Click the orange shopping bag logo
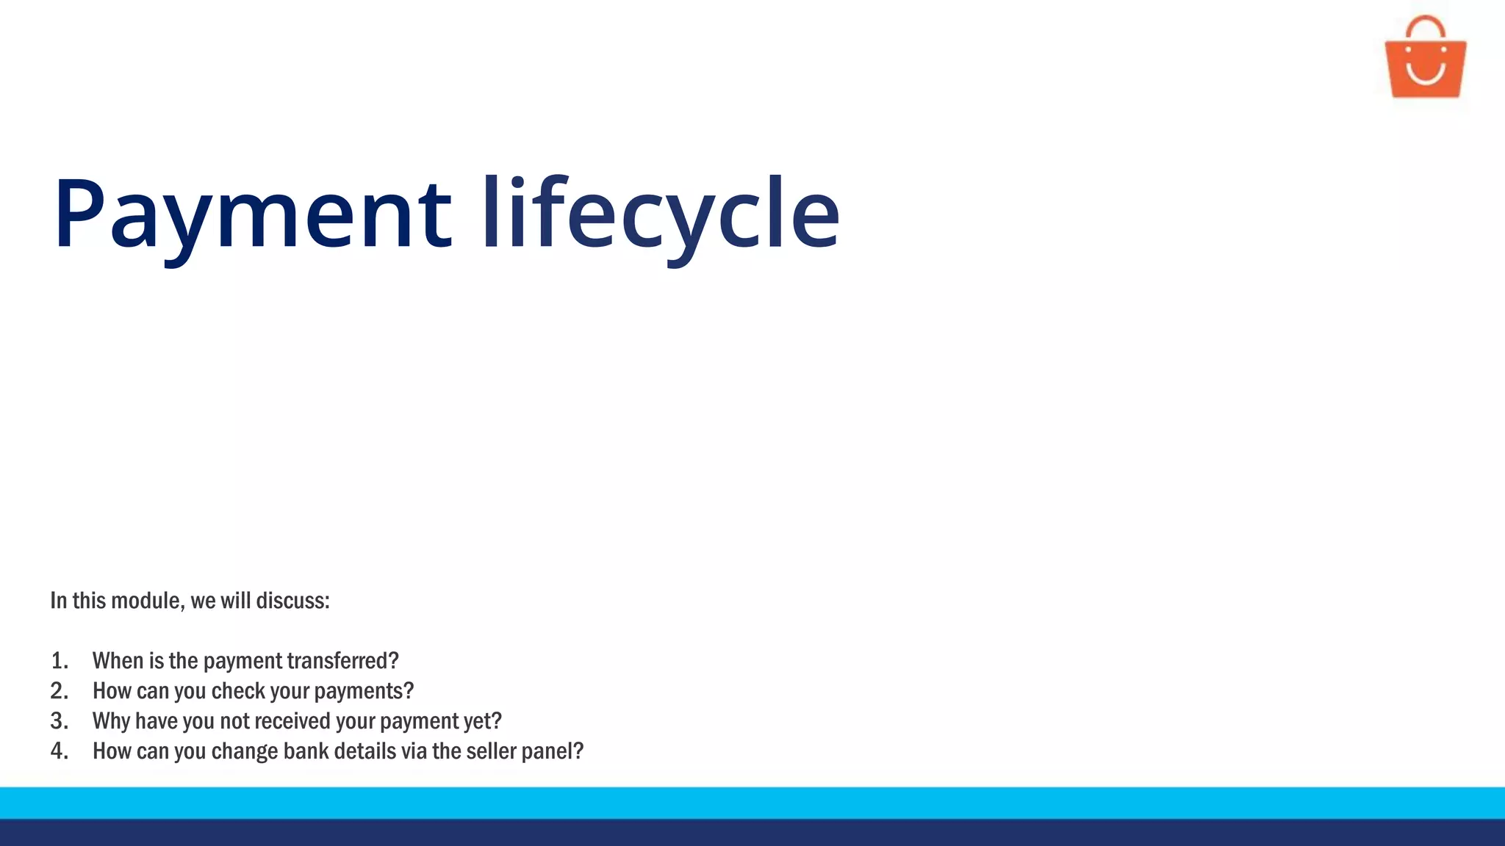point(1425,66)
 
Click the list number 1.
point(59,661)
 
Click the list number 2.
point(59,691)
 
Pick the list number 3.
point(59,721)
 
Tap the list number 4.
point(59,751)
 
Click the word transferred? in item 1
point(342,661)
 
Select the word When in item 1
point(118,661)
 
